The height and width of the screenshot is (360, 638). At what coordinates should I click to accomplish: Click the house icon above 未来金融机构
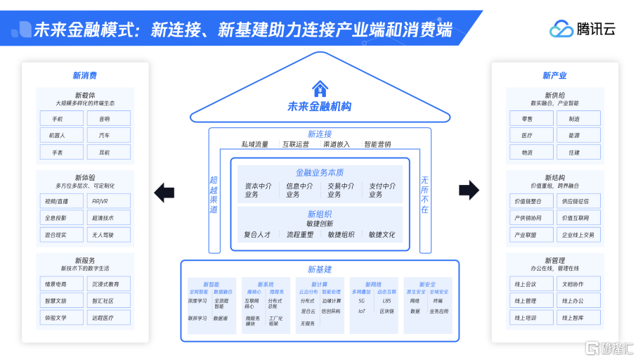[320, 89]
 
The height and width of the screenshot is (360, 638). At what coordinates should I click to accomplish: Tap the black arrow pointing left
[164, 191]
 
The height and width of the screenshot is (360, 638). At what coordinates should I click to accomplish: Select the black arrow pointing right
[469, 190]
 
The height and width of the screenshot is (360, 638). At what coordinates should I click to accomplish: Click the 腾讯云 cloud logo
[561, 29]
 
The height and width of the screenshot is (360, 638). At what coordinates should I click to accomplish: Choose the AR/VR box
[108, 201]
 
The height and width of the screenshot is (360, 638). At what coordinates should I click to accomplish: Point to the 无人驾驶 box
[108, 235]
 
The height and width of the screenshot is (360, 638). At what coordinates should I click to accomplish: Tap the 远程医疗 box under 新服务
[108, 318]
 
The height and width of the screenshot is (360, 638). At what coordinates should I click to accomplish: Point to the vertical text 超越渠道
[214, 195]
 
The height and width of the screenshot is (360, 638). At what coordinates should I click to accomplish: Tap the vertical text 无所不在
[424, 195]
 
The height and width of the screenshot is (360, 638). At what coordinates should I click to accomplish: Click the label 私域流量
[254, 145]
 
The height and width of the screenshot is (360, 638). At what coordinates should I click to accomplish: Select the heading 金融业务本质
[320, 173]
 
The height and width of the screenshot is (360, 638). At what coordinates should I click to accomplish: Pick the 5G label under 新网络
[362, 301]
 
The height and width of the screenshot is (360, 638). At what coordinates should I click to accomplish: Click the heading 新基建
[320, 269]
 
